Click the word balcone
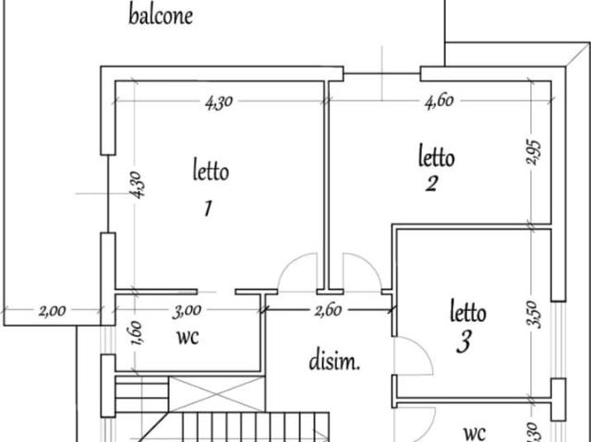(x=161, y=15)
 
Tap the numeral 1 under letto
(x=209, y=208)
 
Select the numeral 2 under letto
(x=431, y=184)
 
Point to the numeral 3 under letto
(x=464, y=343)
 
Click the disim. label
(x=334, y=361)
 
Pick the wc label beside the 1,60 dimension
(x=187, y=337)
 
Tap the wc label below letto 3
(x=475, y=432)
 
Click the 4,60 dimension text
(x=439, y=102)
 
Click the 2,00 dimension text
(x=52, y=310)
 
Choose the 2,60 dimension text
(x=327, y=310)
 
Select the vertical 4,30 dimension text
(x=136, y=186)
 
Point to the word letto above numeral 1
(x=211, y=171)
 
